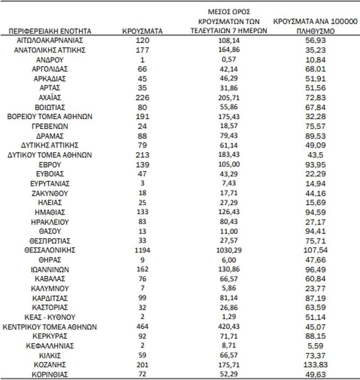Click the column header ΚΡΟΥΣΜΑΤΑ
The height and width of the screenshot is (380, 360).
pyautogui.click(x=142, y=32)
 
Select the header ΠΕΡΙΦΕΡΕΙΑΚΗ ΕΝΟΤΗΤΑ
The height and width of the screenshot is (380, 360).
pyautogui.click(x=49, y=32)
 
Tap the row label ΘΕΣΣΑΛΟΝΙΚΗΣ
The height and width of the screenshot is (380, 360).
pyautogui.click(x=49, y=250)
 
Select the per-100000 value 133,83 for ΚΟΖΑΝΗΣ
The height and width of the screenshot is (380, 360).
pyautogui.click(x=315, y=364)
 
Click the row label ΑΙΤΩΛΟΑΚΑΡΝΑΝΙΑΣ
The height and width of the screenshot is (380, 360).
pyautogui.click(x=49, y=40)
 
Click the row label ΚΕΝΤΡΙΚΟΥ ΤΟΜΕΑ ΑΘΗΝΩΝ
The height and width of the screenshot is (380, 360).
pyautogui.click(x=49, y=326)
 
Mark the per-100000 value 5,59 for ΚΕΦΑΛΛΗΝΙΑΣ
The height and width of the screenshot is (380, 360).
pyautogui.click(x=315, y=345)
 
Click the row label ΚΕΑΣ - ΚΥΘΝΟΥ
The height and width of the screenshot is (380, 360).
pyautogui.click(x=49, y=317)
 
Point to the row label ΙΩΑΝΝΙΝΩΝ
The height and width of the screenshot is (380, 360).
pyautogui.click(x=49, y=269)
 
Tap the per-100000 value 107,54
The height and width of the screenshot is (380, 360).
pyautogui.click(x=315, y=250)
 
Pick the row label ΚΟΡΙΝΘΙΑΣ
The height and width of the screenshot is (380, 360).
pyautogui.click(x=49, y=374)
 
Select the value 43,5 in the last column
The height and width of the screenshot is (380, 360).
pyautogui.click(x=315, y=154)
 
